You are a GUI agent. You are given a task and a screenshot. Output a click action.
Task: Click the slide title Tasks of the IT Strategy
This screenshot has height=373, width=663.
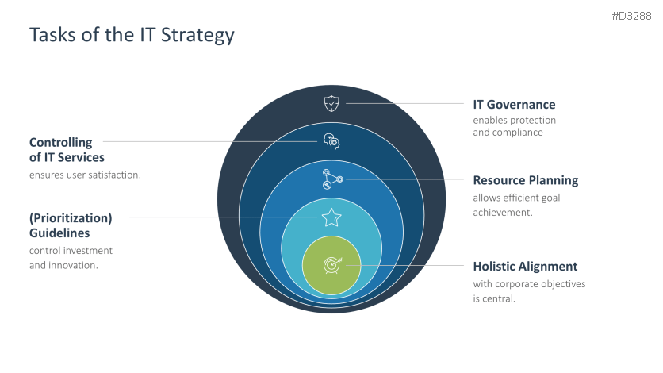click(132, 36)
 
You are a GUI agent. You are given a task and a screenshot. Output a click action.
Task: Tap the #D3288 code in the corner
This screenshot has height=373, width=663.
click(631, 16)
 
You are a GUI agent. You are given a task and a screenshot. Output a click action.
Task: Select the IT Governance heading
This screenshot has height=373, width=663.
click(514, 105)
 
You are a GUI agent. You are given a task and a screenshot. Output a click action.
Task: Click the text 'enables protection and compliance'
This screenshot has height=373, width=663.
click(514, 126)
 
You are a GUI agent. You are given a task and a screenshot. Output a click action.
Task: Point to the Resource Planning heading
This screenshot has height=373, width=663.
click(525, 180)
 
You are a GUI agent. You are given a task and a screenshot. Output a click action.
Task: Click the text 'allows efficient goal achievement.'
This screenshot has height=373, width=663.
click(516, 205)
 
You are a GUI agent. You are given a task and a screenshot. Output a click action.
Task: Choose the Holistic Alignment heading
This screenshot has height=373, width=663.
click(525, 267)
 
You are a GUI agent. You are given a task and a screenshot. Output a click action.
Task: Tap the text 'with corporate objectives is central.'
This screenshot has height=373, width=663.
click(529, 291)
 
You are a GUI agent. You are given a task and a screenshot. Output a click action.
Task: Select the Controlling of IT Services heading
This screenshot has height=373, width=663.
click(67, 150)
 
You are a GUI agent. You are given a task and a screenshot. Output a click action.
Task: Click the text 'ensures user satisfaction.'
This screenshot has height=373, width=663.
click(85, 175)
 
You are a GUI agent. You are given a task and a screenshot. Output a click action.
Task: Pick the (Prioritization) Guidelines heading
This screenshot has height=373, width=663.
click(71, 225)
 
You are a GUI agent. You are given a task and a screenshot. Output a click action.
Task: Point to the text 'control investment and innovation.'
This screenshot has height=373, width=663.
click(71, 258)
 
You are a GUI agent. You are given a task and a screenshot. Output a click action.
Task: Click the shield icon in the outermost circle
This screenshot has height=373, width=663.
click(331, 103)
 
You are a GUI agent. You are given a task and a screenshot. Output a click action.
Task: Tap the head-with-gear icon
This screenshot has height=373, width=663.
click(331, 141)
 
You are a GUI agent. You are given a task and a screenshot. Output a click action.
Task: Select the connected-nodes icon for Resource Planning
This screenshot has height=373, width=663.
click(331, 179)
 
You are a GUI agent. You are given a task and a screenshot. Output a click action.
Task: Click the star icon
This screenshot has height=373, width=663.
click(331, 217)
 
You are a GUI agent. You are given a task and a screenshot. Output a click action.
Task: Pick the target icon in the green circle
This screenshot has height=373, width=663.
click(331, 264)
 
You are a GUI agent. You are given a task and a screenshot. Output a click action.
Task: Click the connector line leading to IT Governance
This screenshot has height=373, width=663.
click(404, 103)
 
